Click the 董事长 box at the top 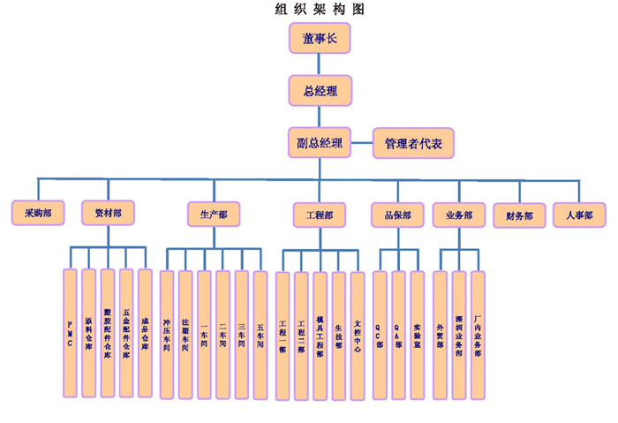click(320, 39)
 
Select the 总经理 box click(320, 90)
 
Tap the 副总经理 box click(320, 142)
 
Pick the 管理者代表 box click(413, 142)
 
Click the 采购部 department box click(37, 213)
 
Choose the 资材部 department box click(108, 213)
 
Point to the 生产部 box click(214, 214)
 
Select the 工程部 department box click(320, 214)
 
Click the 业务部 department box click(458, 214)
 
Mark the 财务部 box click(519, 214)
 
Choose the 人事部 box click(579, 214)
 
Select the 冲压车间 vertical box click(166, 334)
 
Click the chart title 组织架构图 click(320, 10)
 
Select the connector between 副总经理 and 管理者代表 click(362, 142)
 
